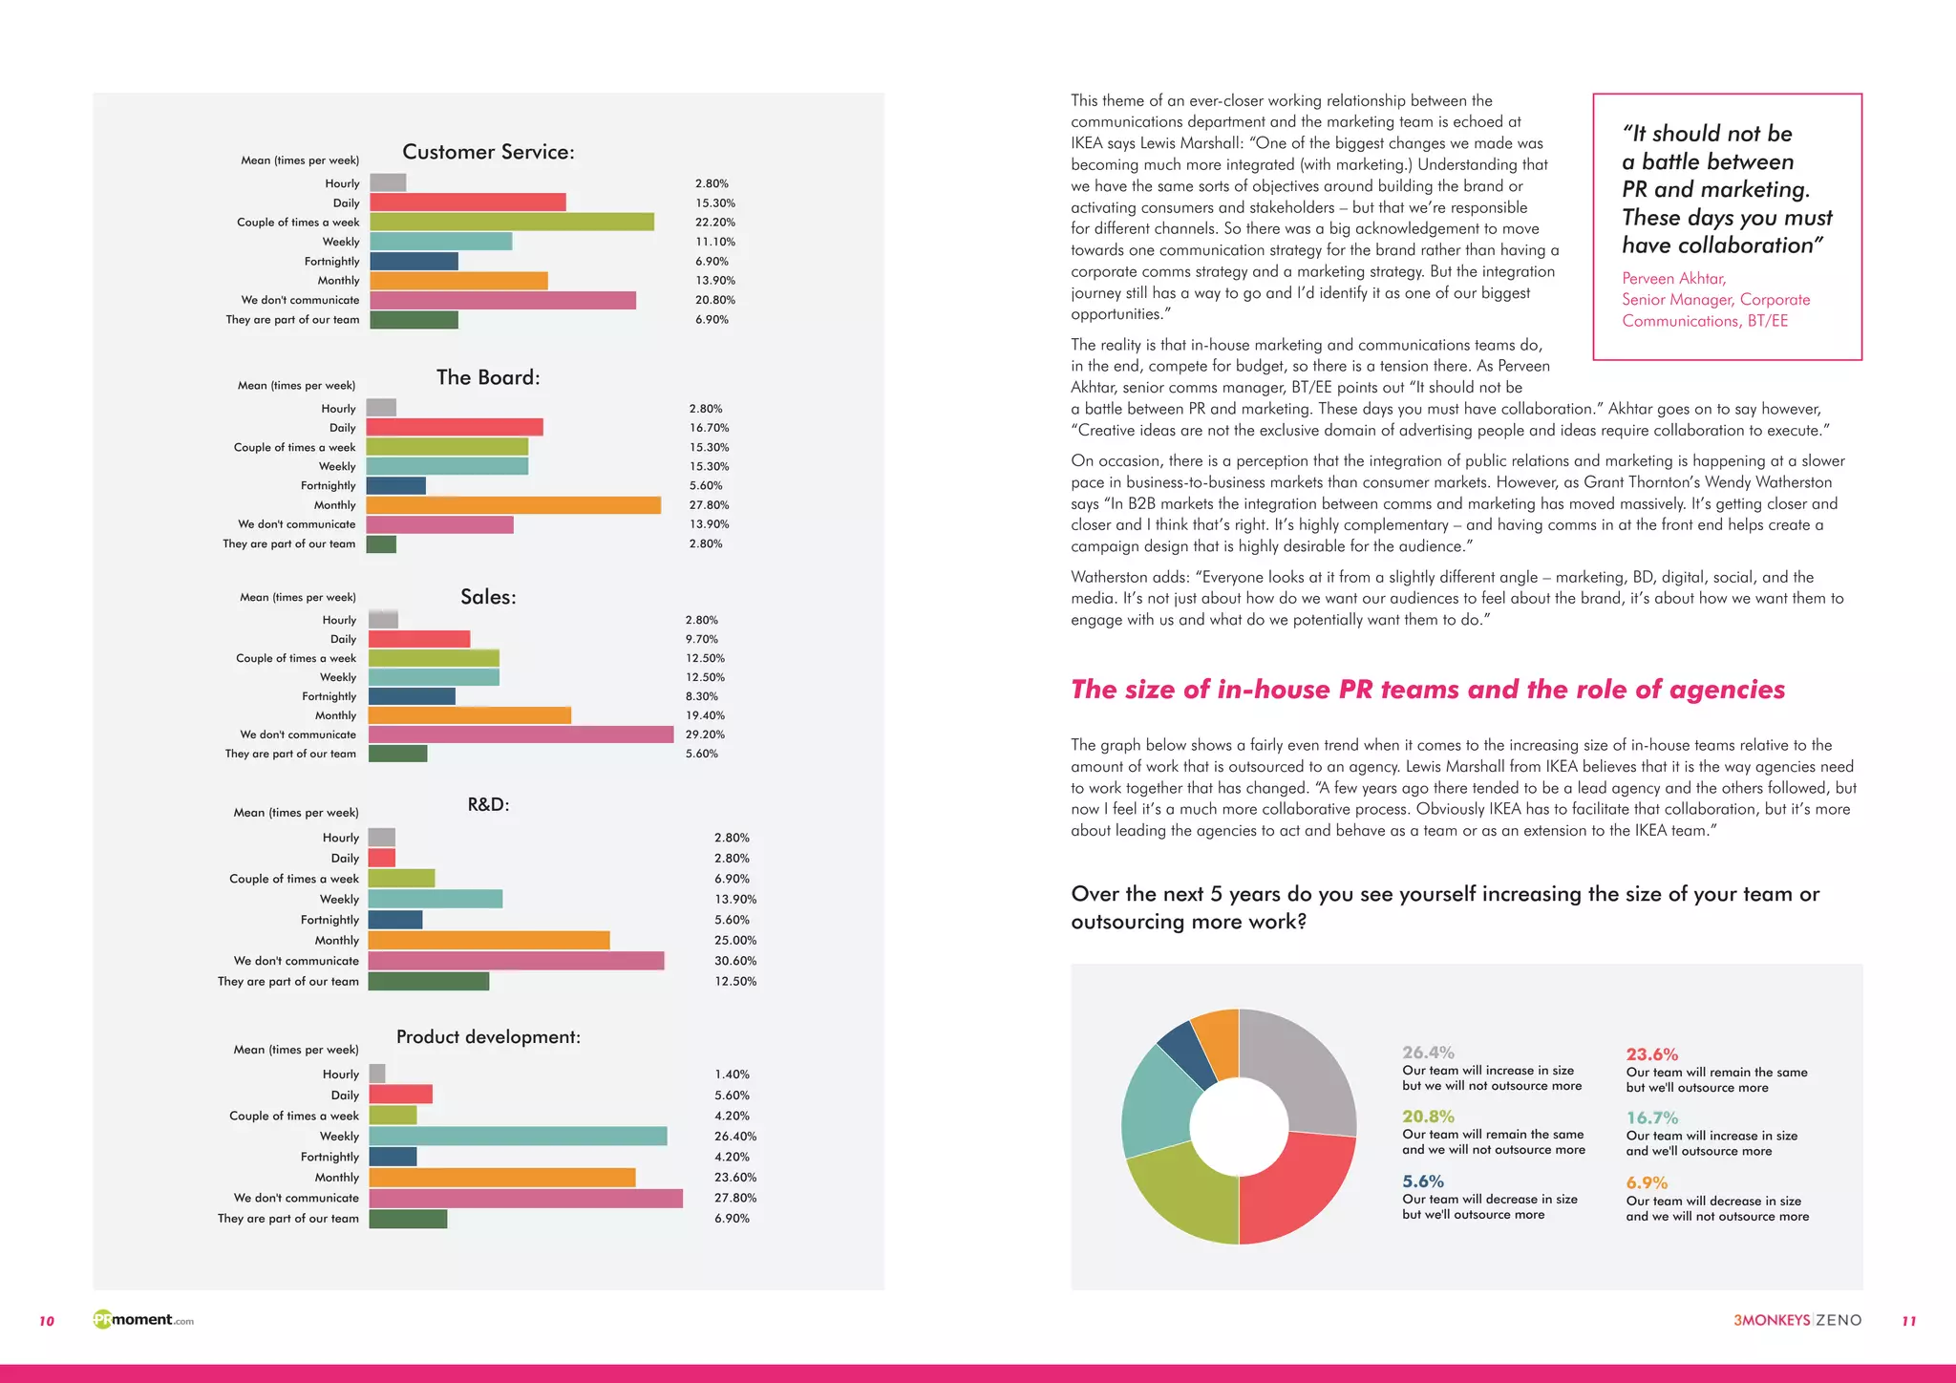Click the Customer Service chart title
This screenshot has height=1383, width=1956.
click(x=488, y=152)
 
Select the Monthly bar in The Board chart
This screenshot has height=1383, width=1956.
click(x=513, y=505)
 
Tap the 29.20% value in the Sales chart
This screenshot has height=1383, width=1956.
click(x=705, y=734)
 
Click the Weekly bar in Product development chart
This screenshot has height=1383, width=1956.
click(x=518, y=1137)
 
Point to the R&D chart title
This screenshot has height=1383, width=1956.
click(x=488, y=804)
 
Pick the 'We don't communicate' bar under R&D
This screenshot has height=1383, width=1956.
click(x=516, y=961)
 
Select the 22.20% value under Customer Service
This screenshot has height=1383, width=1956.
click(x=714, y=223)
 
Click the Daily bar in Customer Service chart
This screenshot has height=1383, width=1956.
click(x=467, y=202)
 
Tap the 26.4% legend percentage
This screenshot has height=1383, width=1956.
click(x=1428, y=1053)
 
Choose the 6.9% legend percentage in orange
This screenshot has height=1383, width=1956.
click(x=1647, y=1183)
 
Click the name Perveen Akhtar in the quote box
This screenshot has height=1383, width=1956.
click(x=1673, y=279)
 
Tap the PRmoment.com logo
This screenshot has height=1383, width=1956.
click(x=143, y=1320)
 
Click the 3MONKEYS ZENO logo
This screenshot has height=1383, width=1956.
click(x=1797, y=1320)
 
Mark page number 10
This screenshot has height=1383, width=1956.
click(x=47, y=1321)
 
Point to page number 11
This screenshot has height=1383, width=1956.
click(x=1908, y=1321)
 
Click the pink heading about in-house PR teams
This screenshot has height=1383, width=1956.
click(x=1427, y=690)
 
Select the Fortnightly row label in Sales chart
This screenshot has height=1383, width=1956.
click(x=329, y=696)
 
